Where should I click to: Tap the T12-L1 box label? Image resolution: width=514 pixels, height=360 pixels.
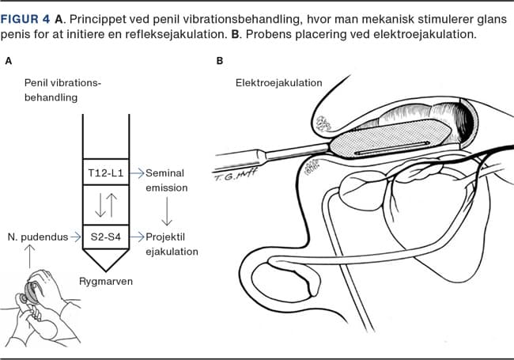pyautogui.click(x=106, y=172)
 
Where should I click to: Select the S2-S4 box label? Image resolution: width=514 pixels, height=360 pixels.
pyautogui.click(x=106, y=235)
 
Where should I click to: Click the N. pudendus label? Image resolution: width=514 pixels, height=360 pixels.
pyautogui.click(x=35, y=235)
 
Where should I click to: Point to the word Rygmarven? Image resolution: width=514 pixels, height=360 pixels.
pyautogui.click(x=106, y=280)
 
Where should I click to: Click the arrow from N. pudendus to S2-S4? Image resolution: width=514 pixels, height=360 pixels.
pyautogui.click(x=75, y=235)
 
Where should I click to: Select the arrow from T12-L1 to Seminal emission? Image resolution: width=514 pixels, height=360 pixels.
pyautogui.click(x=136, y=172)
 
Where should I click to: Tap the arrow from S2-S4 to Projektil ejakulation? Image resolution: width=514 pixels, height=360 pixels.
pyautogui.click(x=136, y=235)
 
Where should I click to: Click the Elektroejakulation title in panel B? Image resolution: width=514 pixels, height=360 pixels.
pyautogui.click(x=278, y=82)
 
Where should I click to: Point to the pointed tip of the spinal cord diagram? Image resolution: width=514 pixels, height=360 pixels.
pyautogui.click(x=106, y=267)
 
